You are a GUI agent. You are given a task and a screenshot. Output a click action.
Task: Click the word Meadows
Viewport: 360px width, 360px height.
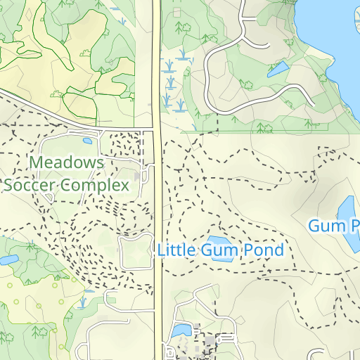tap(67, 163)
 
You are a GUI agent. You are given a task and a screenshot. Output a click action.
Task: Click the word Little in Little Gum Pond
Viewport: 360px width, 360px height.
tap(176, 250)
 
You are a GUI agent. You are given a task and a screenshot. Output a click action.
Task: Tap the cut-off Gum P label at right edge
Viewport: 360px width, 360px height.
tap(335, 226)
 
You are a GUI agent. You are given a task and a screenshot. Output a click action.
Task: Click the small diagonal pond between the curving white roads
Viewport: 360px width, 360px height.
tap(277, 69)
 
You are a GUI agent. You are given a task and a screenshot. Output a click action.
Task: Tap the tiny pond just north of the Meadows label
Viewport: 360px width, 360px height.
tap(87, 141)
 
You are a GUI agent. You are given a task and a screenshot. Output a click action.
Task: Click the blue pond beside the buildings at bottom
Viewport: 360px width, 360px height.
tap(181, 330)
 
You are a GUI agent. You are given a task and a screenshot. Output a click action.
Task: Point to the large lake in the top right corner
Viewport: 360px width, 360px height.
tap(334, 35)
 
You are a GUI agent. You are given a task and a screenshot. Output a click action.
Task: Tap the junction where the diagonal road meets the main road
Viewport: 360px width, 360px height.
tap(155, 129)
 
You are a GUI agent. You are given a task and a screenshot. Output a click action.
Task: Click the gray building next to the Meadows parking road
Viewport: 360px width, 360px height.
tap(138, 174)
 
